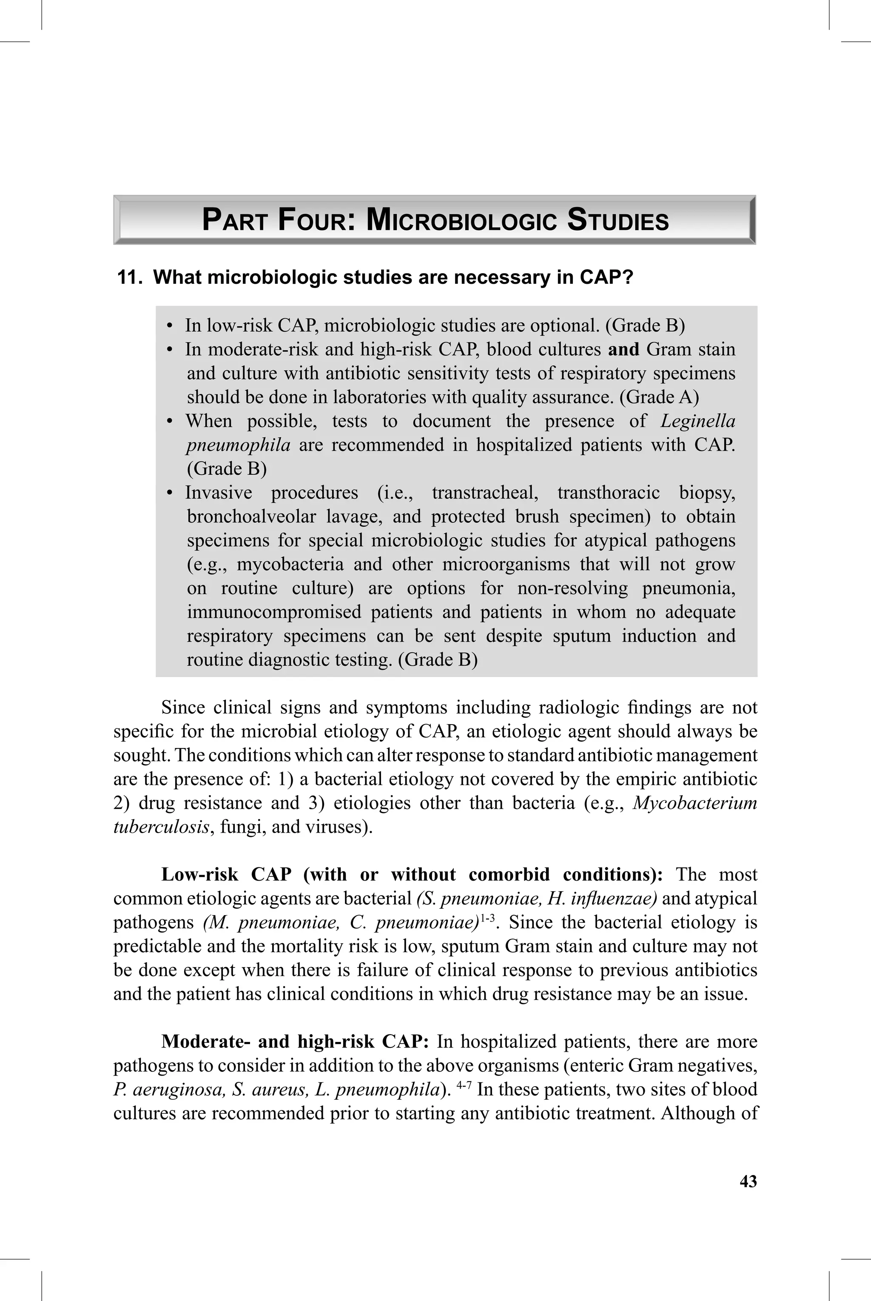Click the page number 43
point(748,1181)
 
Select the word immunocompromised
point(273,612)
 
